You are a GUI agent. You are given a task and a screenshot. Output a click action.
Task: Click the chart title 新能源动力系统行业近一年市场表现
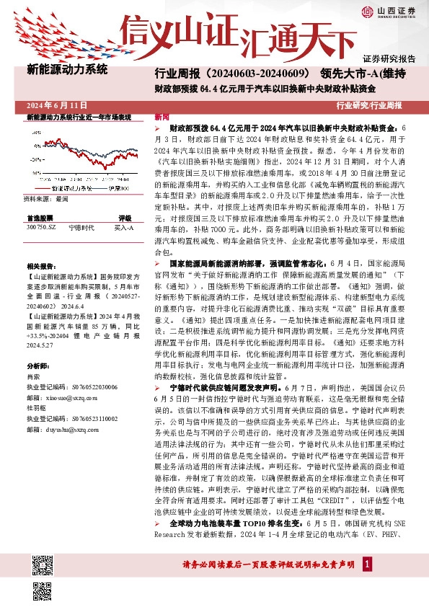click(x=79, y=117)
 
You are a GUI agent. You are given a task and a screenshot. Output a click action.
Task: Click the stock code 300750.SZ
click(x=41, y=227)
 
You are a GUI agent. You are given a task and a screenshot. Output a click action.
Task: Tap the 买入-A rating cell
click(x=124, y=227)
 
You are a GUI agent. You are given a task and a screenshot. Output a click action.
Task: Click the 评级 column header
click(x=124, y=217)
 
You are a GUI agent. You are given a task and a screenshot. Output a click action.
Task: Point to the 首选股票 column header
click(x=40, y=217)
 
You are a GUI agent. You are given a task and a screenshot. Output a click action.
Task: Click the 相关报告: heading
click(x=39, y=267)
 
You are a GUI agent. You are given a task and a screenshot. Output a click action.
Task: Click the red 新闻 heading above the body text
click(x=162, y=117)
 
